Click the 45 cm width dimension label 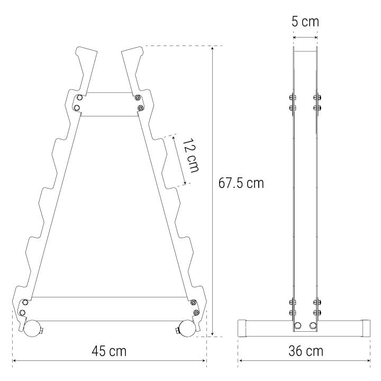point(109,351)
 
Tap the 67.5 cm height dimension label point(241,183)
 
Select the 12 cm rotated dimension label point(190,155)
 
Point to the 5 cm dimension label point(305,22)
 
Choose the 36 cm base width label point(306,351)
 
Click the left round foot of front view point(32,329)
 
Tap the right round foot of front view point(187,329)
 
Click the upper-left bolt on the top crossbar point(79,98)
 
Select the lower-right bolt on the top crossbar point(140,107)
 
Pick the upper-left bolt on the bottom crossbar point(25,302)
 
